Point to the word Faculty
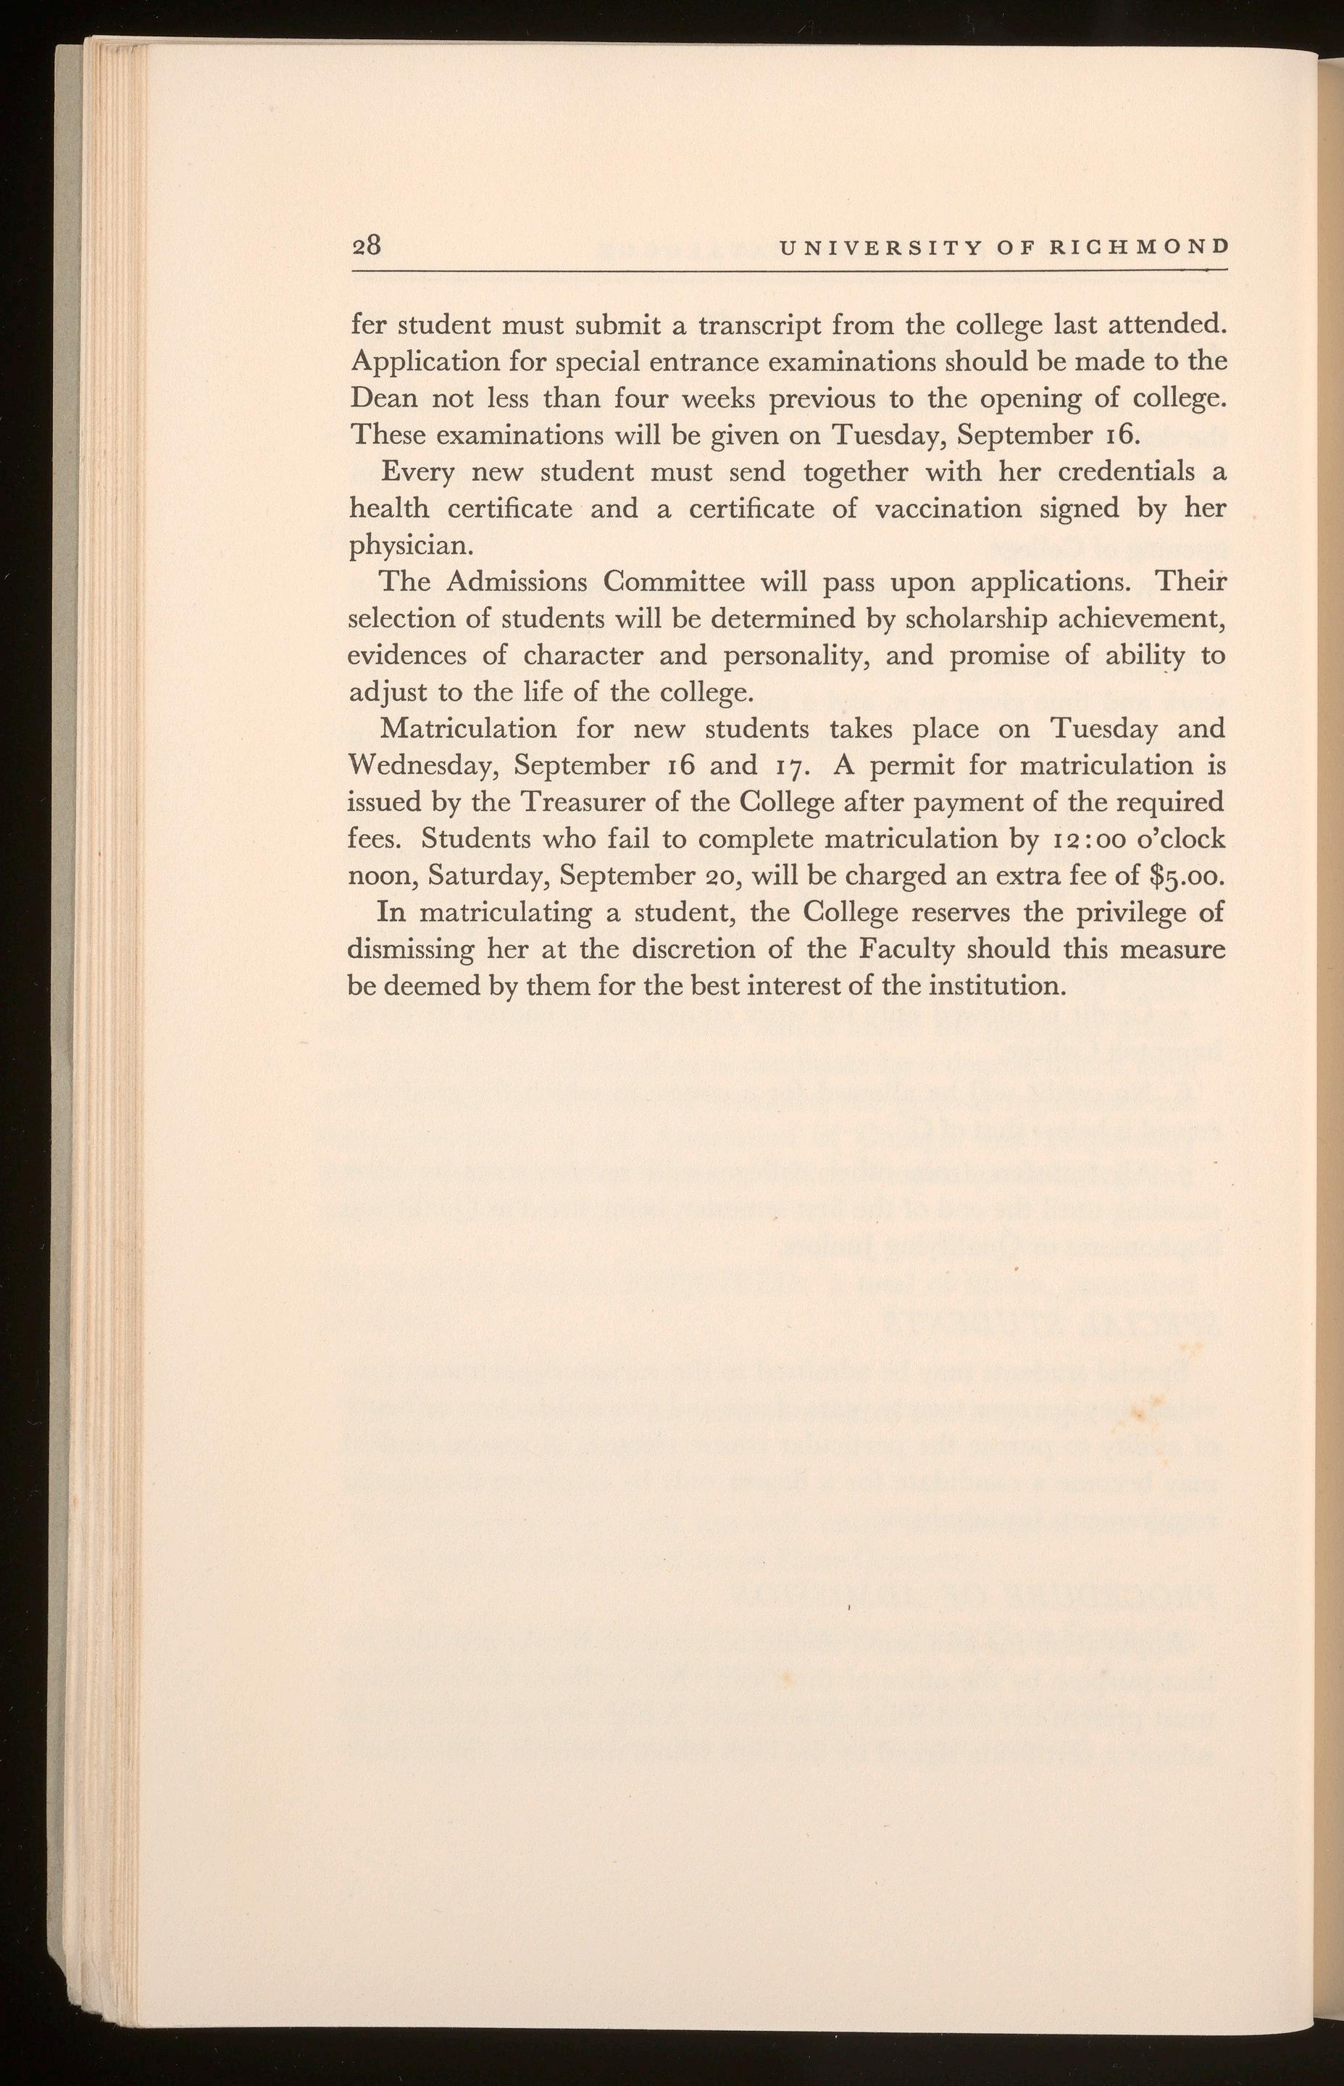(908, 948)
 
